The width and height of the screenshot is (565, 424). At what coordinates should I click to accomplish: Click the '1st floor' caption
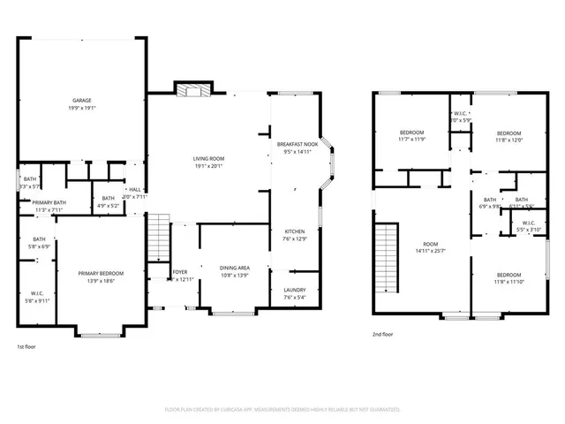(x=26, y=347)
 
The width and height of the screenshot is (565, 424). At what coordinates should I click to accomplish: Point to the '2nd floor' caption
(x=383, y=334)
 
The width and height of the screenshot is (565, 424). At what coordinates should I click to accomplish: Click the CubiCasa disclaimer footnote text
(x=282, y=410)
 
